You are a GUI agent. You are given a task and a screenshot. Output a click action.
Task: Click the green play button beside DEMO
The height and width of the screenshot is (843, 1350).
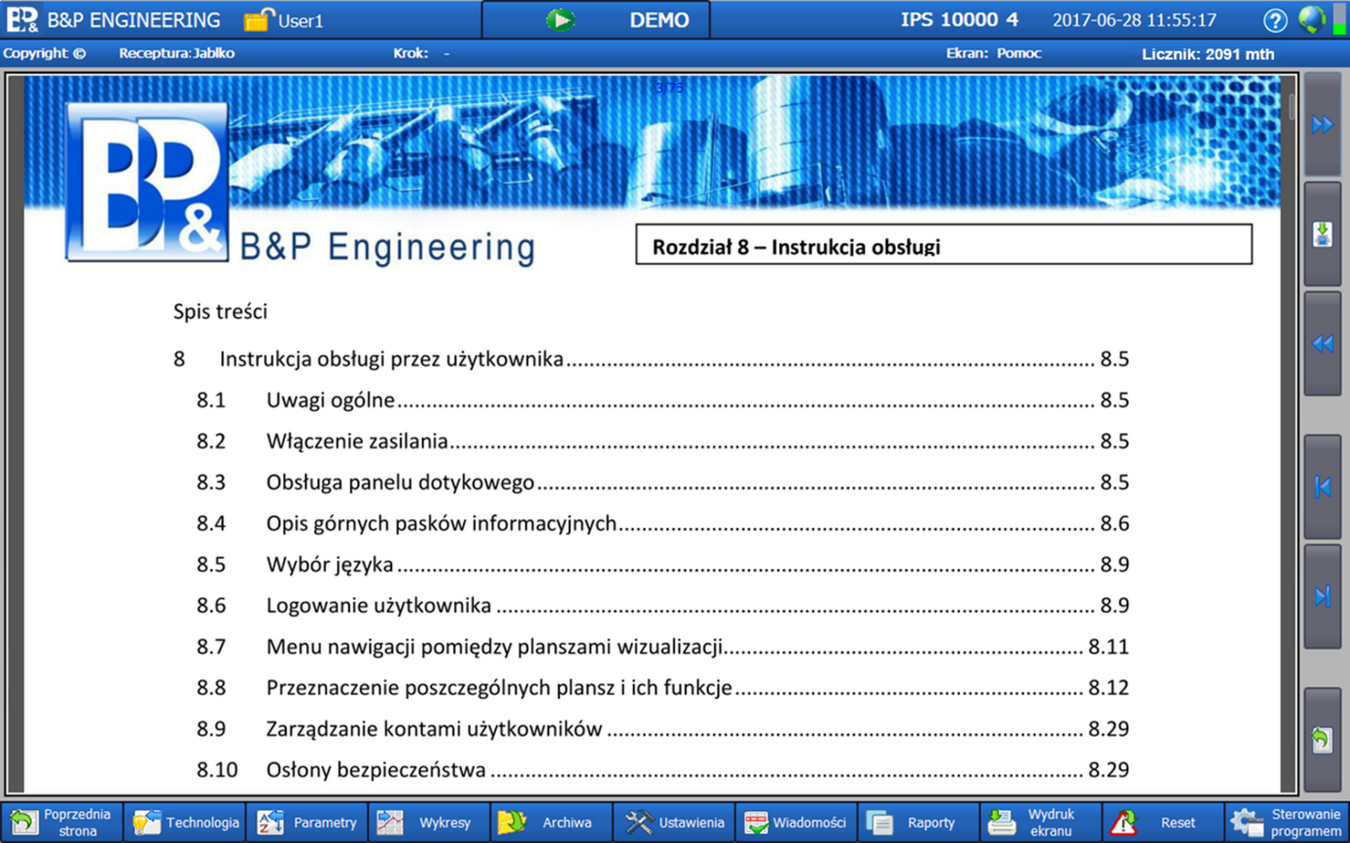[x=561, y=20]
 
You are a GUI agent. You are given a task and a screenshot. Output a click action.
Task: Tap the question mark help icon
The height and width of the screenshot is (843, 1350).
[x=1274, y=21]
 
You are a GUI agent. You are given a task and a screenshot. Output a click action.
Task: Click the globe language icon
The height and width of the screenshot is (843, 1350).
[x=1311, y=19]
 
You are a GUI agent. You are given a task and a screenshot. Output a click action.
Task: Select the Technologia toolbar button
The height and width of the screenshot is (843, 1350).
[x=185, y=822]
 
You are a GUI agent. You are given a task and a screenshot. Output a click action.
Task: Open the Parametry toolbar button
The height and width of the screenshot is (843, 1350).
[x=308, y=822]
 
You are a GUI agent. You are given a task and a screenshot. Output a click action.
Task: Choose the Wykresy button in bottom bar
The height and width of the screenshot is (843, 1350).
[x=429, y=822]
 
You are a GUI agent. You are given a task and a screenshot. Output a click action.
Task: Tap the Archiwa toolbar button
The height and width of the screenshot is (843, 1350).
[x=551, y=822]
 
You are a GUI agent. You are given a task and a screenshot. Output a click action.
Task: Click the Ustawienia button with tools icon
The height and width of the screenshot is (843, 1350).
[x=674, y=822]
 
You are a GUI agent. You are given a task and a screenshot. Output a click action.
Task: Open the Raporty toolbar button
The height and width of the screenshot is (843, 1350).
[x=918, y=822]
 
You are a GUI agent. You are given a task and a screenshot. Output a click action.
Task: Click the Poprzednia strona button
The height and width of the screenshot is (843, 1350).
[x=62, y=822]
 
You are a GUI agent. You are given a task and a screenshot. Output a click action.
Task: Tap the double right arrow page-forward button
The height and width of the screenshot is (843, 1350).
[x=1322, y=125]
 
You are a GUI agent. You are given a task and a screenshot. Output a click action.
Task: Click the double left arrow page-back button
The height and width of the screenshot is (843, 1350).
[x=1322, y=344]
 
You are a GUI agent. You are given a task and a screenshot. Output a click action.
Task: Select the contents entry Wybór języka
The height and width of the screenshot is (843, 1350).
[x=330, y=565]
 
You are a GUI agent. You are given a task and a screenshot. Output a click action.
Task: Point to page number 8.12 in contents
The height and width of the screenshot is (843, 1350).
[x=1108, y=688]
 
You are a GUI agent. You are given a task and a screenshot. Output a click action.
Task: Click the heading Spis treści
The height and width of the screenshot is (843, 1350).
[x=220, y=312]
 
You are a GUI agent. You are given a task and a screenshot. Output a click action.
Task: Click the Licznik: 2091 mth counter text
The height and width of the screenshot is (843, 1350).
[x=1207, y=54]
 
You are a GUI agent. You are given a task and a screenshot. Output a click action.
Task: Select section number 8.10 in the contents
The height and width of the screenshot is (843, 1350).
[x=217, y=771]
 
